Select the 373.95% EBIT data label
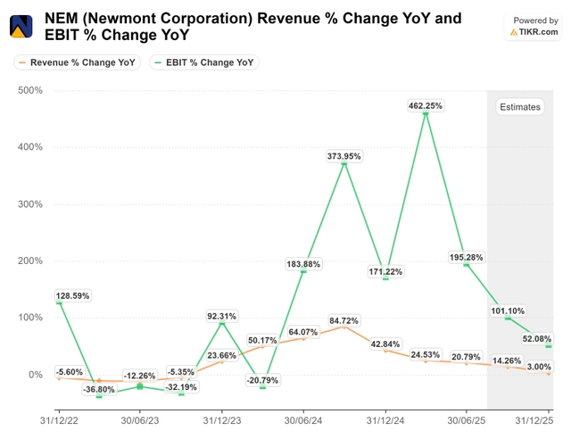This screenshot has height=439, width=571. pyautogui.click(x=343, y=156)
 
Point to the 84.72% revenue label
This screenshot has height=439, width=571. pyautogui.click(x=343, y=320)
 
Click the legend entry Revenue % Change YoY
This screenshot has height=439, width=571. pyautogui.click(x=77, y=62)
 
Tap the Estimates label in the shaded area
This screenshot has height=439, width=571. pyautogui.click(x=519, y=107)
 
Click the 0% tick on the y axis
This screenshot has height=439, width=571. pyautogui.click(x=36, y=375)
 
